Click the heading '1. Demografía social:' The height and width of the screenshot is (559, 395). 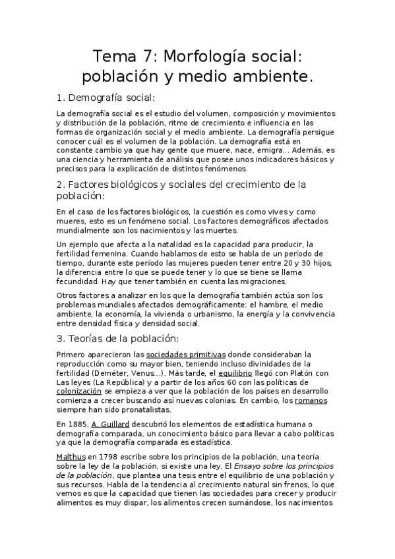click(x=106, y=98)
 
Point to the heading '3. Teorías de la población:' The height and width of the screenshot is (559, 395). click(x=118, y=339)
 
